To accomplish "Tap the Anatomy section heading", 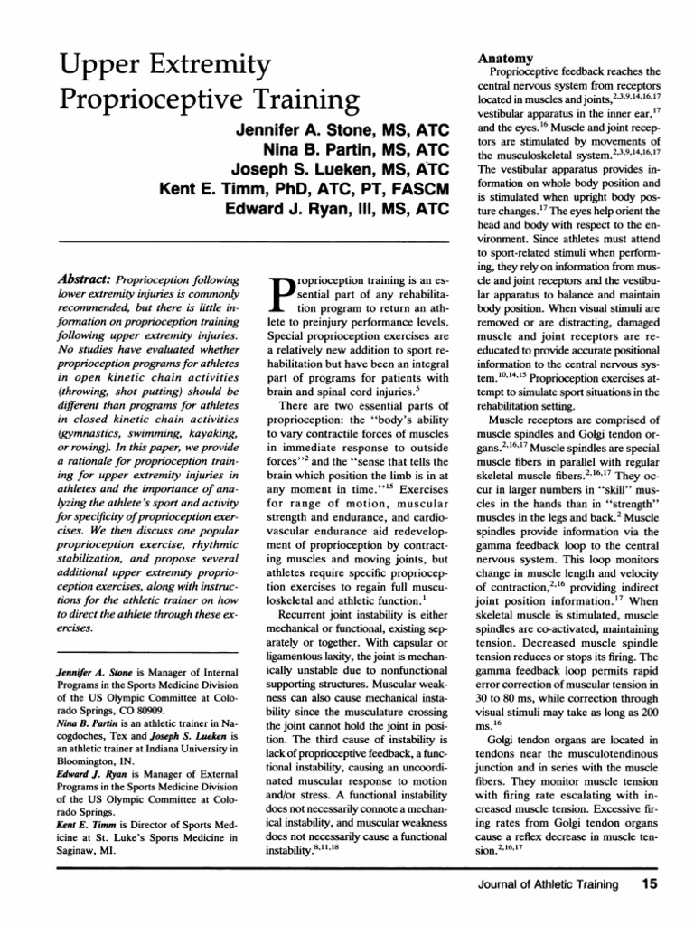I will (x=502, y=58).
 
